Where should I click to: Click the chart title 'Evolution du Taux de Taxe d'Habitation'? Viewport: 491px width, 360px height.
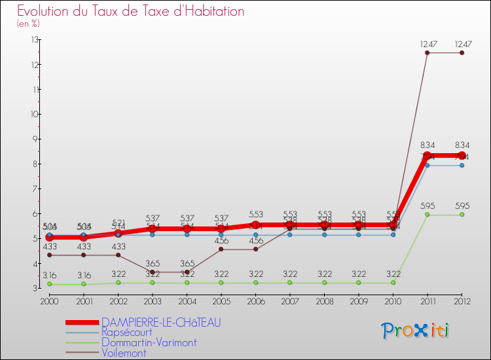(131, 12)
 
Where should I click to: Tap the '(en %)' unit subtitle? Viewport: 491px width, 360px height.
(28, 24)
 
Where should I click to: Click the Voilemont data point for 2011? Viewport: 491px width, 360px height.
(427, 52)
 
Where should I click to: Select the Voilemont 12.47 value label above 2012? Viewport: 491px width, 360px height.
(462, 44)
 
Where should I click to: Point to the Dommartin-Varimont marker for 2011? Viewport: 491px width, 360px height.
(427, 215)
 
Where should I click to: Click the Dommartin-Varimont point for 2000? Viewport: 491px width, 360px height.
(49, 284)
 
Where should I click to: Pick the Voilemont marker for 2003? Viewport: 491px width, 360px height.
(153, 272)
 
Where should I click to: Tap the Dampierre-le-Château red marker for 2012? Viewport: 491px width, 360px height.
(462, 155)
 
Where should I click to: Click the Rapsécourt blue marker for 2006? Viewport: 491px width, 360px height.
(255, 234)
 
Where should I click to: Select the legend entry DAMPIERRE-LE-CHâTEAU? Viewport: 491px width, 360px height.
(161, 323)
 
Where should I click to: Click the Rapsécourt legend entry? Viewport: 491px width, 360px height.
(127, 333)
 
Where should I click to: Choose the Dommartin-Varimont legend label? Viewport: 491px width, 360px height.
(149, 342)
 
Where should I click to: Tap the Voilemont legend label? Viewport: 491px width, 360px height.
(124, 353)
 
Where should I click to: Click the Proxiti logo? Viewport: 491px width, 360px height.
(416, 331)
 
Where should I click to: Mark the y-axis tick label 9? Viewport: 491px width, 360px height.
(34, 139)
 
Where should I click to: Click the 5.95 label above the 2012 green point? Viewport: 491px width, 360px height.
(462, 206)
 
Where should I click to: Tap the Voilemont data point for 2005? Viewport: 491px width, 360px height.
(221, 249)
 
